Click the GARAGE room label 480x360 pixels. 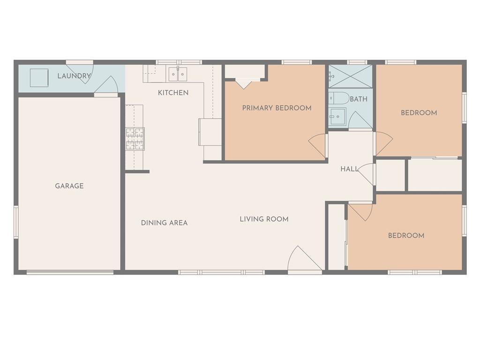click(x=69, y=186)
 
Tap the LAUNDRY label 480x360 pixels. click(x=74, y=75)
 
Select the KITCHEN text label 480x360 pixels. click(x=173, y=93)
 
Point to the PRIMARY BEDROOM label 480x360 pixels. click(x=277, y=108)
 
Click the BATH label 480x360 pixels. click(x=359, y=99)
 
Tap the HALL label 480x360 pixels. click(x=349, y=169)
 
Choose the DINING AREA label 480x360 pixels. click(x=164, y=223)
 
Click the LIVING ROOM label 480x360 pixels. click(x=264, y=219)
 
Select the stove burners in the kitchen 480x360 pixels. click(x=135, y=139)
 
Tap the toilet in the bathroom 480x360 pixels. click(x=339, y=98)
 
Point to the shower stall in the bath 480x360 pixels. click(x=351, y=76)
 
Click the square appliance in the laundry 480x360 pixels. click(x=39, y=78)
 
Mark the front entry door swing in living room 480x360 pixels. click(x=305, y=258)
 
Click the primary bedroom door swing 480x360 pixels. click(x=318, y=146)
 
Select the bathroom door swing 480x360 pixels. click(x=360, y=120)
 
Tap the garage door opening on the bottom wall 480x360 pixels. click(x=70, y=272)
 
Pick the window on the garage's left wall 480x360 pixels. click(x=16, y=222)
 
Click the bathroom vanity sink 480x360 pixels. click(x=337, y=117)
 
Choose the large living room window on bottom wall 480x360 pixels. click(x=221, y=272)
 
